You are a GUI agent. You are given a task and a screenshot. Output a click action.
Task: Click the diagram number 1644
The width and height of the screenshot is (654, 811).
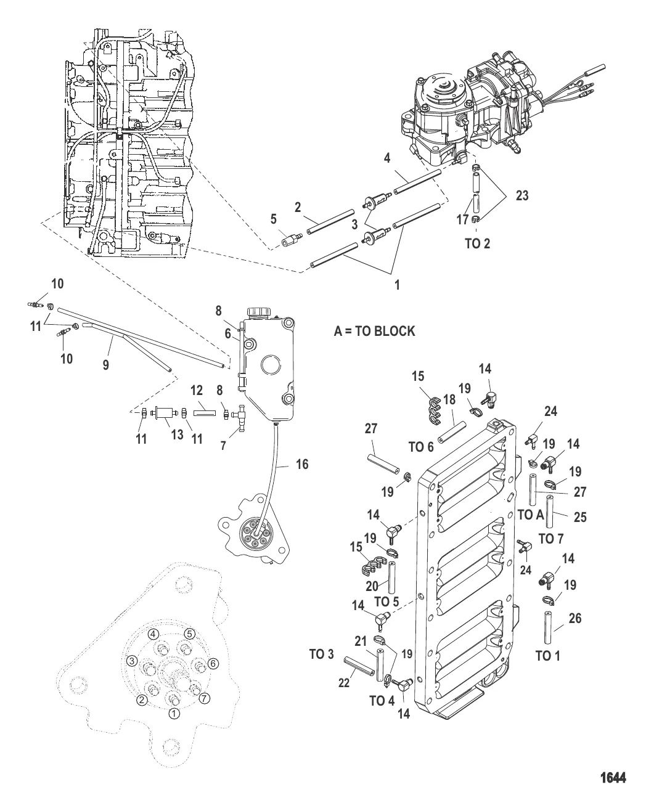613,778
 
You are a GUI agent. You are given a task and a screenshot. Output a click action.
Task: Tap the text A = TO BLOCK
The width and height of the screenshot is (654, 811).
374,331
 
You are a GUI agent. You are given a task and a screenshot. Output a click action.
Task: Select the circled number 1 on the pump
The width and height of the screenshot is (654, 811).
174,713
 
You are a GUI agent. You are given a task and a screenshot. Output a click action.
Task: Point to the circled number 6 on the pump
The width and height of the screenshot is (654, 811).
213,663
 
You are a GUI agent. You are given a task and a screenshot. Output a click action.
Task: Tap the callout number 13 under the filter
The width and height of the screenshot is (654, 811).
178,435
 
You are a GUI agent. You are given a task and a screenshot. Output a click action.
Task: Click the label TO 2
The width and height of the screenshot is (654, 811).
476,243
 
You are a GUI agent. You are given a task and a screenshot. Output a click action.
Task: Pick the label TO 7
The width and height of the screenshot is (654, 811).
551,539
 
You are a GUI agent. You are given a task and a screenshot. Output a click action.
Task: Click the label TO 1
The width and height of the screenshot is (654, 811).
544,656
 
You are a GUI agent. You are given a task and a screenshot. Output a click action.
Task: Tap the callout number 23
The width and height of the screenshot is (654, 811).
523,196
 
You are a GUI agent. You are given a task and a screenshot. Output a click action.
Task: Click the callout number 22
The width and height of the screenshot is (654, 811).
344,683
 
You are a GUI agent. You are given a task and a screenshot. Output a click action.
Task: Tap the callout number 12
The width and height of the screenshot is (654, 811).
196,391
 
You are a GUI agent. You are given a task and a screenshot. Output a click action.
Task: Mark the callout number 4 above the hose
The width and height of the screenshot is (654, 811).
386,158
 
